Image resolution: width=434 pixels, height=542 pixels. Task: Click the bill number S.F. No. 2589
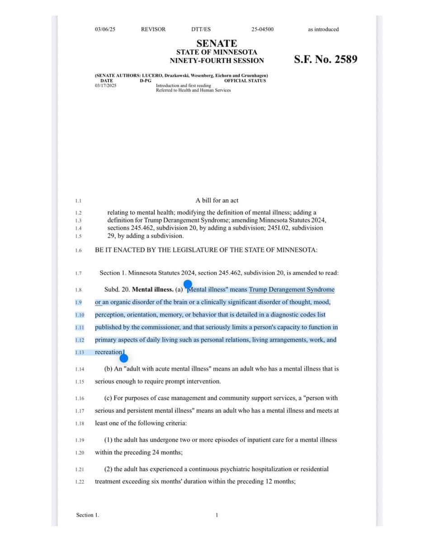tap(325, 59)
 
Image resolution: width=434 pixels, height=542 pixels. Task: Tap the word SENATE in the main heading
tap(217, 43)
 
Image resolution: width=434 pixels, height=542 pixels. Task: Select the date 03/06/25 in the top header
tap(105, 29)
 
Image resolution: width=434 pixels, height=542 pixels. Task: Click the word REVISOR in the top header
tap(153, 29)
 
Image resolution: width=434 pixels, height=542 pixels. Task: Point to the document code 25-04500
tap(262, 29)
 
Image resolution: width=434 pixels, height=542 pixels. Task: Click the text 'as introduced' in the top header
tap(323, 29)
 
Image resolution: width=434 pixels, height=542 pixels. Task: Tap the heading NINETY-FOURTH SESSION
tap(217, 61)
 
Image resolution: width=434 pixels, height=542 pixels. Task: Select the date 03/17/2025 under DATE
tap(105, 85)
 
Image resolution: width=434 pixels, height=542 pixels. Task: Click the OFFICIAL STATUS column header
tap(245, 81)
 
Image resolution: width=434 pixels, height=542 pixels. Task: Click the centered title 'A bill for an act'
tap(217, 201)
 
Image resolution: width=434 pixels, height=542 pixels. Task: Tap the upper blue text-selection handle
tap(188, 284)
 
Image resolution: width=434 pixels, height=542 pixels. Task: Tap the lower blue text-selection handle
tap(123, 359)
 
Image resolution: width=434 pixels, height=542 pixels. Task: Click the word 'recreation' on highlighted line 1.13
tap(108, 352)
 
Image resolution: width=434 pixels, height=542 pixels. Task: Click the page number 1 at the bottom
tap(217, 515)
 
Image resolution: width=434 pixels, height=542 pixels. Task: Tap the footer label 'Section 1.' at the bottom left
tap(87, 515)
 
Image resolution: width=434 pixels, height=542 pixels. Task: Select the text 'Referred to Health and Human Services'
tap(193, 90)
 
